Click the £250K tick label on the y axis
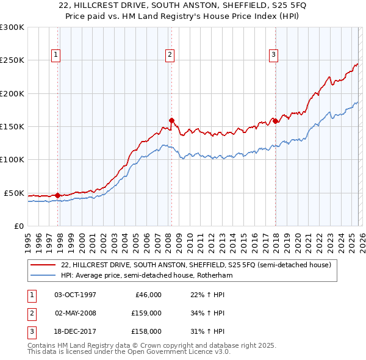pyautogui.click(x=12, y=60)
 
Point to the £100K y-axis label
pyautogui.click(x=12, y=159)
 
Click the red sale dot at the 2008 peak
pyautogui.click(x=171, y=120)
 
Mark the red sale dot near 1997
pyautogui.click(x=58, y=195)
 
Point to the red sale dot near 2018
pyautogui.click(x=275, y=121)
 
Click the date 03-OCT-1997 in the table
pyautogui.click(x=76, y=295)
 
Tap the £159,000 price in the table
pyautogui.click(x=146, y=313)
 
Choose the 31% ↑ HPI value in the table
pyautogui.click(x=207, y=331)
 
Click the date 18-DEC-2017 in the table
pyautogui.click(x=76, y=331)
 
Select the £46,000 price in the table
pyautogui.click(x=148, y=295)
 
